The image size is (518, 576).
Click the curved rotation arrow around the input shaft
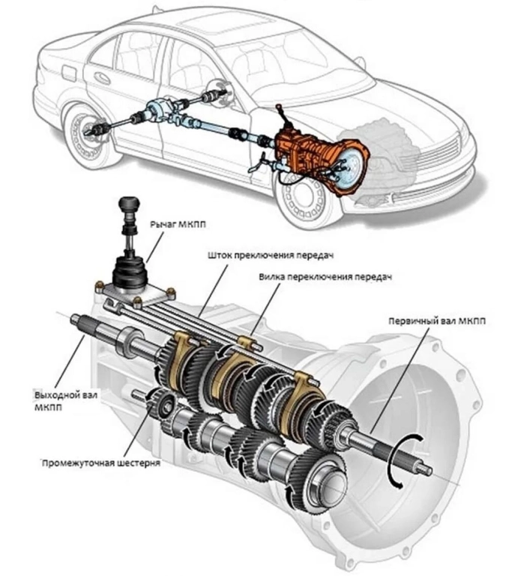406,459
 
